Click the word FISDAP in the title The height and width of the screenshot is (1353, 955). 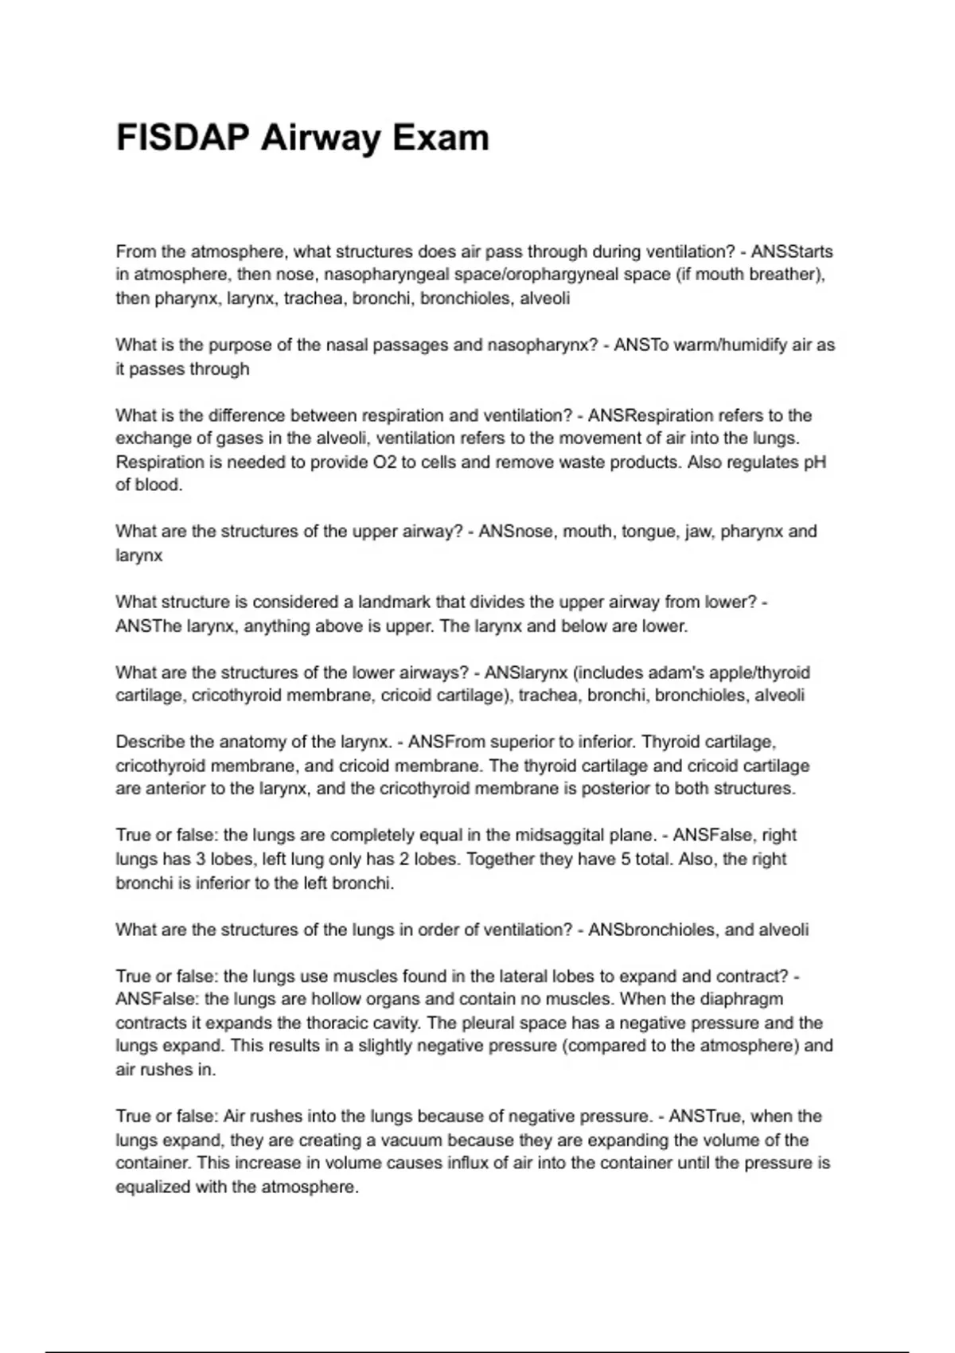pos(183,138)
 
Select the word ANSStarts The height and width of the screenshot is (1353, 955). pos(792,251)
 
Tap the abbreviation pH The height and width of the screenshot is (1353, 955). pos(815,462)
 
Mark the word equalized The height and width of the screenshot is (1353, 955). pos(154,1187)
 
